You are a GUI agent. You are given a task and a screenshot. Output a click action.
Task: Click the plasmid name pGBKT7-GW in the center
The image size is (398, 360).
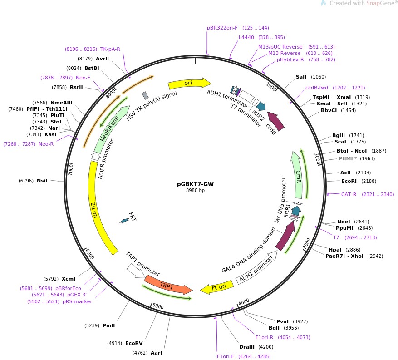point(195,184)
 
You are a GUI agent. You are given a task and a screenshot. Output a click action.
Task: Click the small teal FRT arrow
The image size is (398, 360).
point(124,221)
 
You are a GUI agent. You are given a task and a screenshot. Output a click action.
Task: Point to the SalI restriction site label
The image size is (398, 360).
point(301,77)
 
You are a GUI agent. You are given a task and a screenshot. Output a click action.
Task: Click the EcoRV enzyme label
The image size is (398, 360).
point(134,343)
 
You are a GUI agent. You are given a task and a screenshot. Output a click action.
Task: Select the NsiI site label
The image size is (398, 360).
point(42,181)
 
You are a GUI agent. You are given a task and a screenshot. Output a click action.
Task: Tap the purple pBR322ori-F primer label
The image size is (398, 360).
point(222,28)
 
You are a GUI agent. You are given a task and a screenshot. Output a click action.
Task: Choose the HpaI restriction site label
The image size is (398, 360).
point(335,250)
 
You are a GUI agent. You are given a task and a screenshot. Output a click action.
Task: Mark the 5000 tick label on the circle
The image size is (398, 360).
point(157,306)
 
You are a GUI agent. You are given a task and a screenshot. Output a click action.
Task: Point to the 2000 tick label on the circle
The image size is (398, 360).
point(317,159)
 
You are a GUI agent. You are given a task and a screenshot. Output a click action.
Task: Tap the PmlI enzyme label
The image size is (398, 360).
point(108,325)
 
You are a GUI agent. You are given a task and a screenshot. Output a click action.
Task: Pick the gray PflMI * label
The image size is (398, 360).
point(348,158)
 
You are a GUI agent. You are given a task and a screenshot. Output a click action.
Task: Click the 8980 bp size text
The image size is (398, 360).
point(195,190)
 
